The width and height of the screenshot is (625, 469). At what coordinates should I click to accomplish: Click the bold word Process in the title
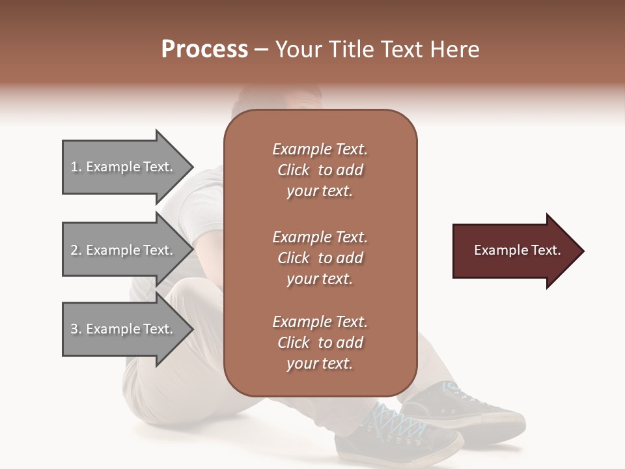[204, 50]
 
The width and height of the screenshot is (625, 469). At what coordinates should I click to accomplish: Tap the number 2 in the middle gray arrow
[74, 250]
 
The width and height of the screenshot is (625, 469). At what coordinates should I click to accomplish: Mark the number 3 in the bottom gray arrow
[74, 329]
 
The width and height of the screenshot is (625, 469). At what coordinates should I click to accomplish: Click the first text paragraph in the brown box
[320, 170]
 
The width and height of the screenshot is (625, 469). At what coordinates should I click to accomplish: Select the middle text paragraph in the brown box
[320, 258]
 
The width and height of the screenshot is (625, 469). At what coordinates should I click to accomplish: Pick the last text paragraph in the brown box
[320, 343]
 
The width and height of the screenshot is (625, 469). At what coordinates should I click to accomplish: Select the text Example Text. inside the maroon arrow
[518, 250]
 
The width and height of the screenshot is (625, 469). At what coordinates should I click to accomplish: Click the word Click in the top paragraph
[294, 170]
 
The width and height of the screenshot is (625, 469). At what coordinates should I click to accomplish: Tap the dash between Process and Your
[262, 50]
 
